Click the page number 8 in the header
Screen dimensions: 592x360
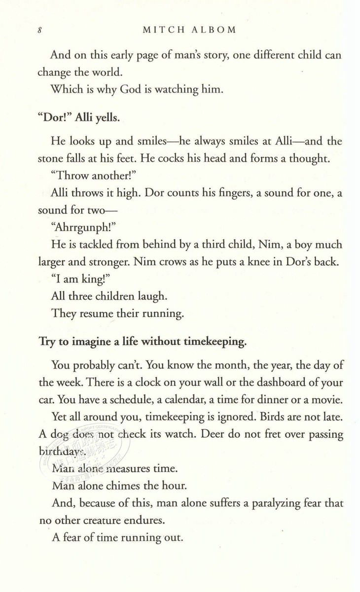[39, 30]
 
